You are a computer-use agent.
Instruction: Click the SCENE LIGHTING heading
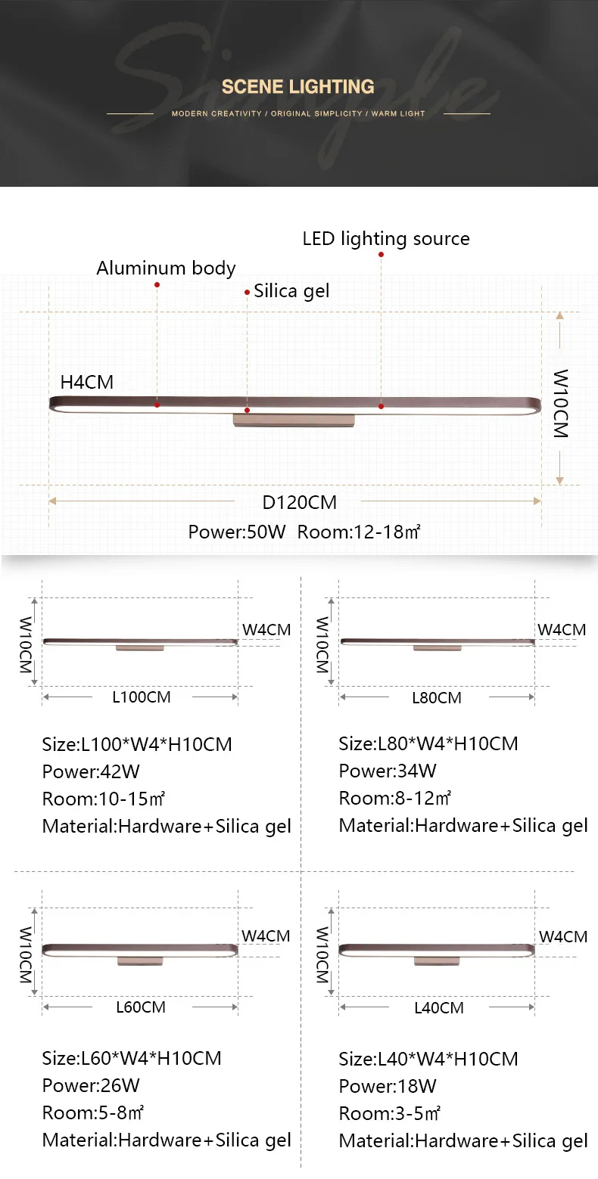[297, 87]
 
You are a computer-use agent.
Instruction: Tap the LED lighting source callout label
[385, 238]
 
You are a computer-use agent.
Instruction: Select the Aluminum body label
[166, 268]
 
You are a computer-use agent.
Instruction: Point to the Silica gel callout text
[291, 290]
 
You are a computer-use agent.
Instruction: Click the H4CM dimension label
[87, 382]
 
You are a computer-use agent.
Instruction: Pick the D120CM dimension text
[299, 502]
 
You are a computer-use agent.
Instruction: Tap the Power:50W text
[237, 532]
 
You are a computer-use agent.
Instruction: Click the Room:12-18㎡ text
[359, 532]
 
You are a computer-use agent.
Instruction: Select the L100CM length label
[142, 697]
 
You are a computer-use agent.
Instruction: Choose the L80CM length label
[437, 697]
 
